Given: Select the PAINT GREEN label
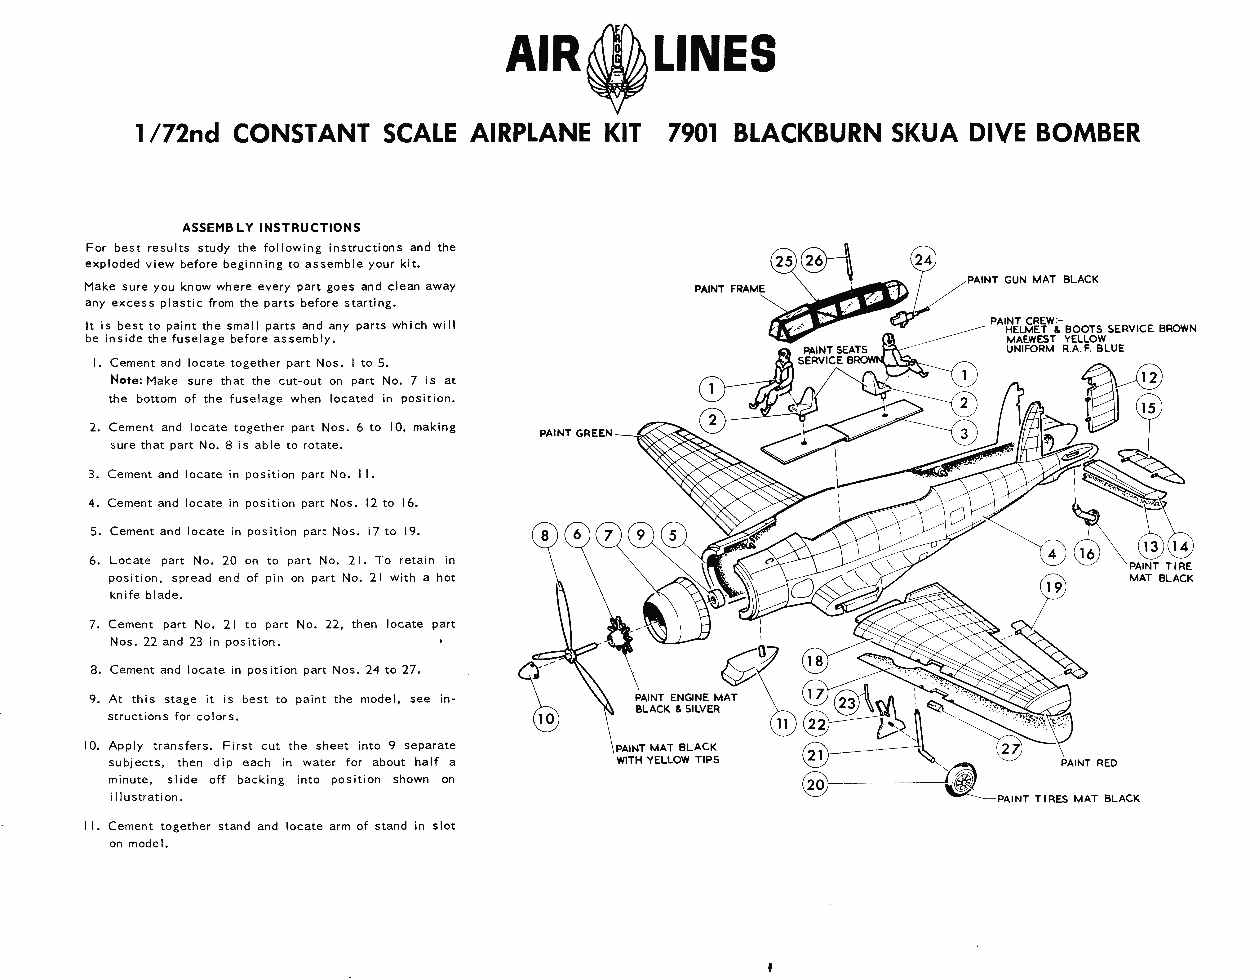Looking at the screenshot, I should (x=575, y=433).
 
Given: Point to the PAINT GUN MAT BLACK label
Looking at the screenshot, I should (x=1032, y=280).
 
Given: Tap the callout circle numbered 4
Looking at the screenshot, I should (x=1052, y=554).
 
